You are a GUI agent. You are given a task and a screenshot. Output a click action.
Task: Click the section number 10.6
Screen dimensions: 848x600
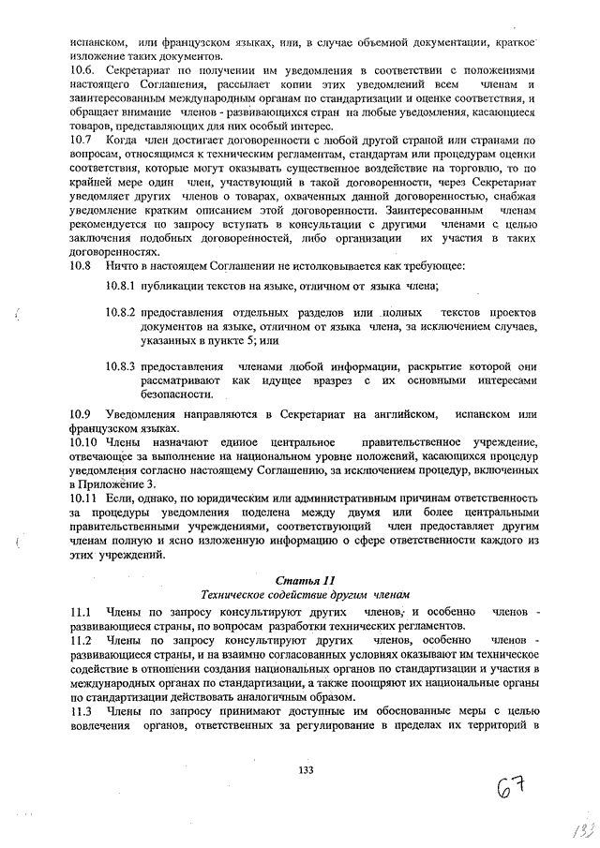(82, 71)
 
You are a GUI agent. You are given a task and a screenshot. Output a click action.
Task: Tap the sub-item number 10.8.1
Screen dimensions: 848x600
(120, 286)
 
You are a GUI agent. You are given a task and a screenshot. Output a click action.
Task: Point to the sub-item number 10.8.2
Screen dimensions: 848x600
(120, 313)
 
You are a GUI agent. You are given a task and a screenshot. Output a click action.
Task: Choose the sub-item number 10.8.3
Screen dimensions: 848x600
(120, 367)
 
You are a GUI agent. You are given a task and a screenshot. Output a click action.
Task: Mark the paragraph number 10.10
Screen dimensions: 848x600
(83, 441)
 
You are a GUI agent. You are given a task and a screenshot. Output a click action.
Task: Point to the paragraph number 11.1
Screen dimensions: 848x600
(82, 611)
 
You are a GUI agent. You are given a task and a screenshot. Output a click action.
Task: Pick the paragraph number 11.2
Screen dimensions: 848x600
(82, 639)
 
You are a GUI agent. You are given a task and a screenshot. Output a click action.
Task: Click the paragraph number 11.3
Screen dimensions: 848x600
(82, 709)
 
